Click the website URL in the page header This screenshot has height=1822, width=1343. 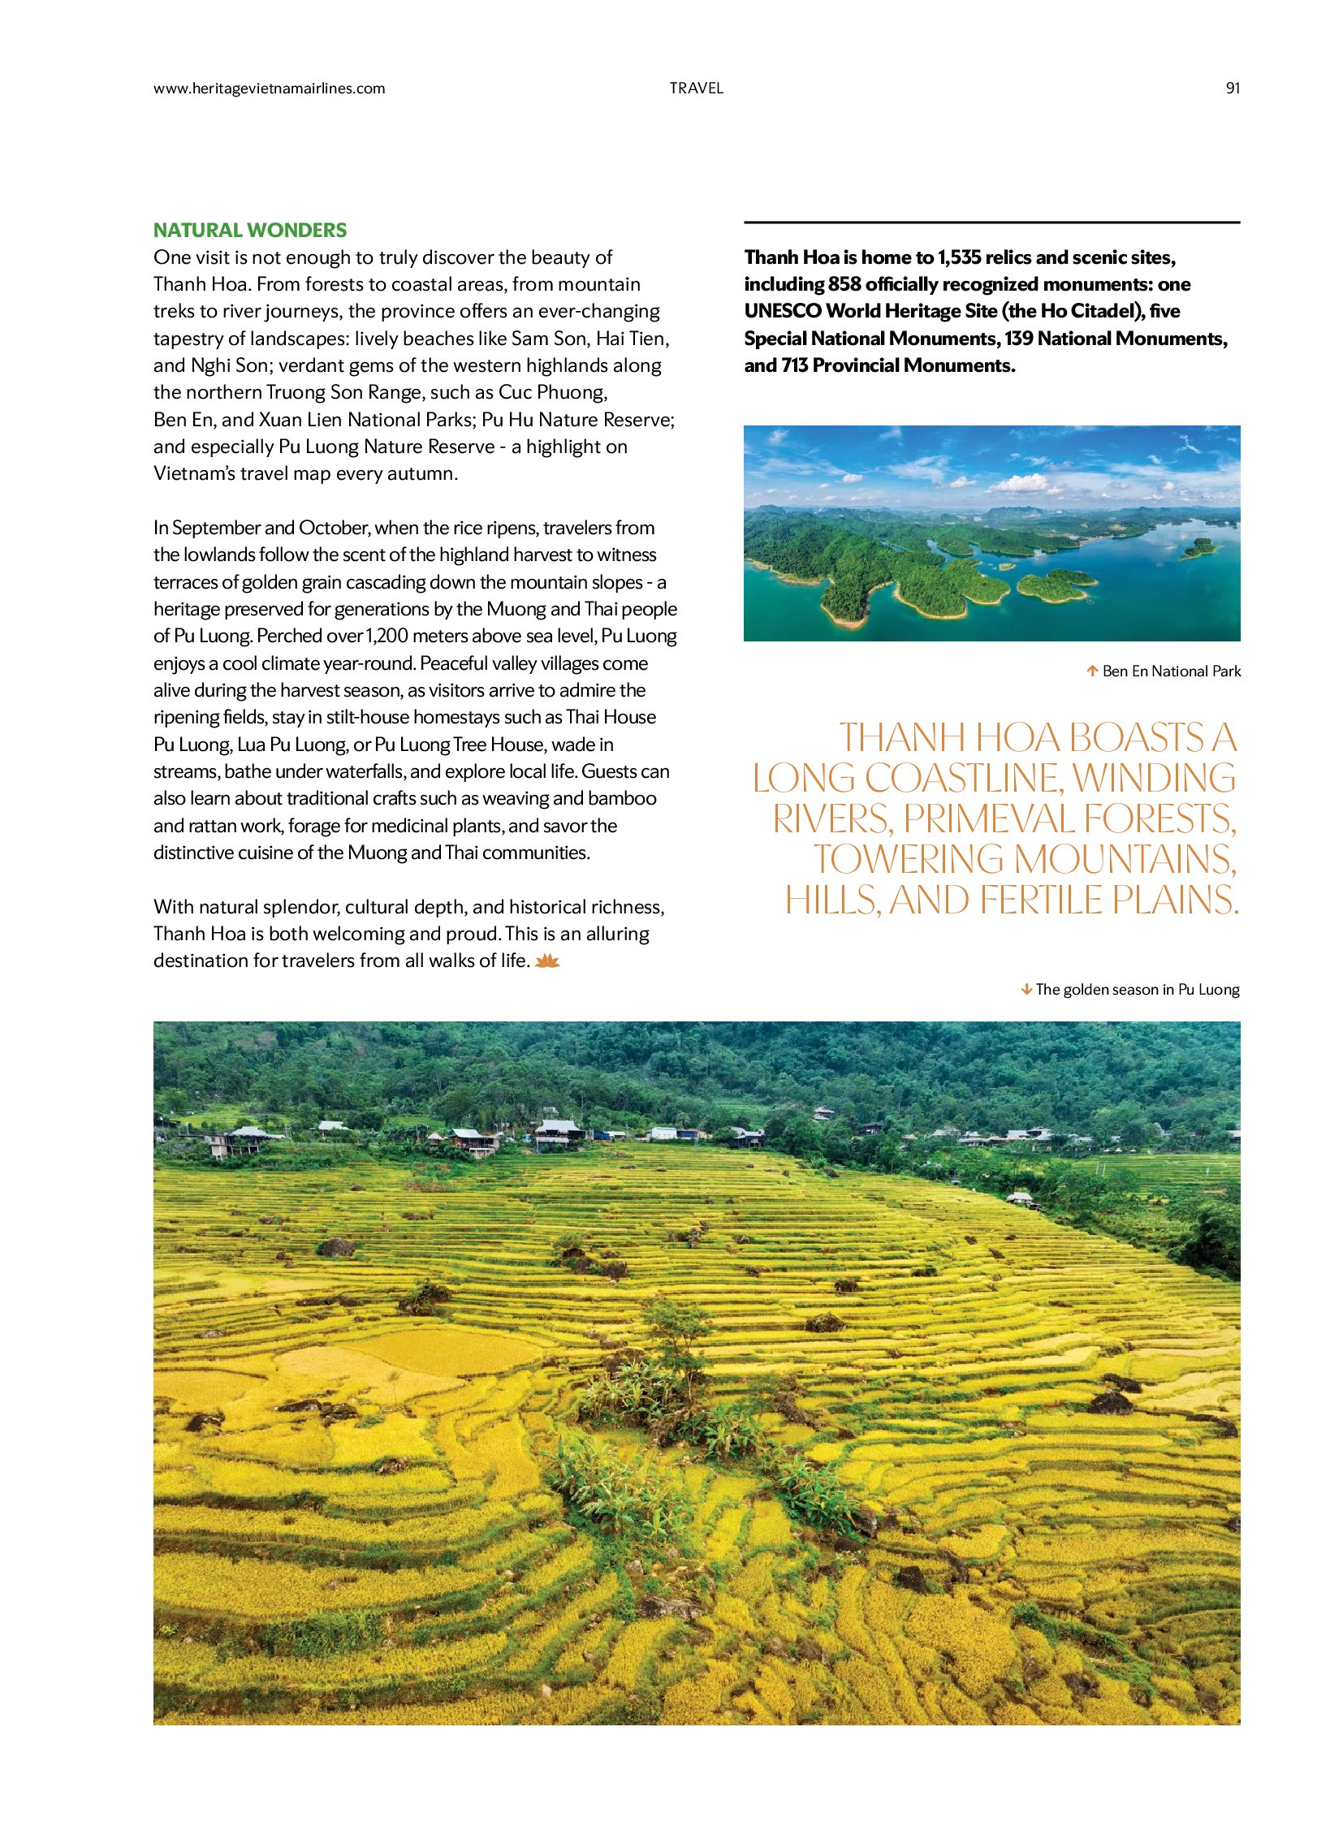[269, 89]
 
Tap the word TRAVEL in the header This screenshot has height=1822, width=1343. [696, 89]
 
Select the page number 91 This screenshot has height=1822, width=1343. [1233, 89]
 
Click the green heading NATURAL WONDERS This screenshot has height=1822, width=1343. [250, 230]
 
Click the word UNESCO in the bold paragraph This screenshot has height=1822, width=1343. [782, 312]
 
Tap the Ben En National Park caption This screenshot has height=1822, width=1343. [1172, 671]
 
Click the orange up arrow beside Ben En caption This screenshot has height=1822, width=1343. [1093, 671]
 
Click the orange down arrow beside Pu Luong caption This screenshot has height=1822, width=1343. [1027, 990]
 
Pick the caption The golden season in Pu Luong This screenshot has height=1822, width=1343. [1138, 990]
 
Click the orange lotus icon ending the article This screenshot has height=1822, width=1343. [548, 961]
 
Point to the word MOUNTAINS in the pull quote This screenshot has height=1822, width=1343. [1125, 859]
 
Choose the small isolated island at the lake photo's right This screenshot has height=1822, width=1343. [1198, 550]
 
